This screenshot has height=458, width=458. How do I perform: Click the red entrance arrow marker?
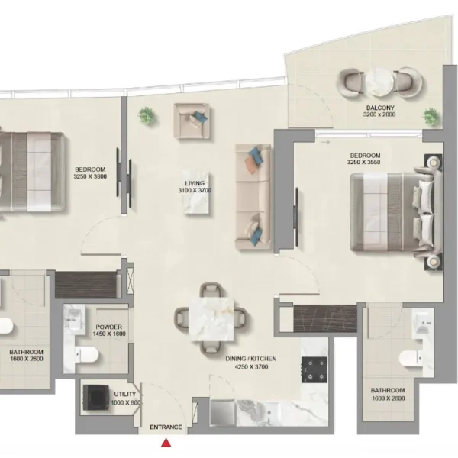[x=166, y=443]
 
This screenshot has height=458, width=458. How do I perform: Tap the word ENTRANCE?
[x=166, y=427]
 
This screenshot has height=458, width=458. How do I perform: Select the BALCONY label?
[x=380, y=108]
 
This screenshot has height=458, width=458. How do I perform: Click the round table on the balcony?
[x=380, y=82]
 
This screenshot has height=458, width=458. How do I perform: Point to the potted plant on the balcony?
[x=432, y=117]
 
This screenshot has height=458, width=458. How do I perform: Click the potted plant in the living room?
[x=147, y=116]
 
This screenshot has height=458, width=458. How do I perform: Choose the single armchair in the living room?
[x=192, y=121]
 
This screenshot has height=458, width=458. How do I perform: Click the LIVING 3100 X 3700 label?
[x=195, y=187]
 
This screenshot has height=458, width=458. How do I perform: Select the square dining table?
[x=211, y=319]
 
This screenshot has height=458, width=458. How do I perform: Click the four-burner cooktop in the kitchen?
[x=314, y=369]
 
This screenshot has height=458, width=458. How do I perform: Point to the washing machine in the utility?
[x=96, y=398]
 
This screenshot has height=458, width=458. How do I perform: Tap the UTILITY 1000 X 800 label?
[x=126, y=398]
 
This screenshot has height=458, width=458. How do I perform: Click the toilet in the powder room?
[x=87, y=355]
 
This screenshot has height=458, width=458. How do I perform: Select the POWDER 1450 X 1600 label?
[x=109, y=331]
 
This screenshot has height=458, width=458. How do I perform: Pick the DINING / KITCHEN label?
[x=251, y=359]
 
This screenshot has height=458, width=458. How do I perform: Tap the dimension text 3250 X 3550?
[x=363, y=162]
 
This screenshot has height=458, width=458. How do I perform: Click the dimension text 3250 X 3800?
[x=90, y=176]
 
